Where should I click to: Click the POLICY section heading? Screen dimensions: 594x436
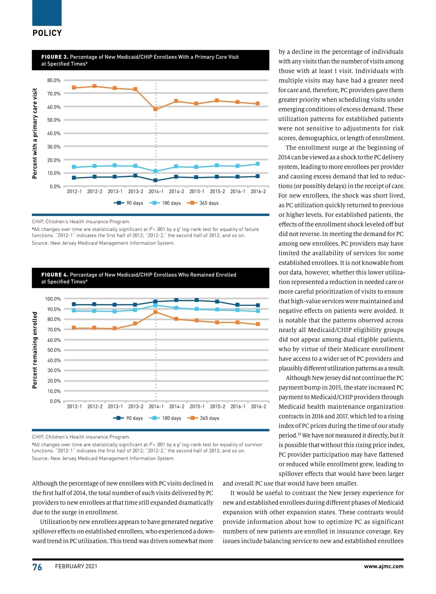pos(47,33)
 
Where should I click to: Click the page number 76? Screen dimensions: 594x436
pos(37,567)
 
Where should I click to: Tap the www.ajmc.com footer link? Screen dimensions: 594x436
pos(383,566)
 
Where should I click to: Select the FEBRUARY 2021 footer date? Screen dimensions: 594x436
pos(76,566)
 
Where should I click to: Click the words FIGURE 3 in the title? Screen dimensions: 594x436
pos(54,57)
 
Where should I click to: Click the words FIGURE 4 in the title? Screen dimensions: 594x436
pos(54,275)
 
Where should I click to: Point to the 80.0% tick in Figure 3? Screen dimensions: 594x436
pos(54,81)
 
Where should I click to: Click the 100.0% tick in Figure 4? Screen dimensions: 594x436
pos(53,299)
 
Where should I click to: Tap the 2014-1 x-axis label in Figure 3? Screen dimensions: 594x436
pos(156,191)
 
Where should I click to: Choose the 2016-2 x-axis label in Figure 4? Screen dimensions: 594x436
pos(258,407)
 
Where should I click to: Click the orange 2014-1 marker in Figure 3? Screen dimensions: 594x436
pos(156,109)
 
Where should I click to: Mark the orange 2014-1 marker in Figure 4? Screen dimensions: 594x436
pos(156,312)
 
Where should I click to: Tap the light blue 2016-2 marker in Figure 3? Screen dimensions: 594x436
pos(258,164)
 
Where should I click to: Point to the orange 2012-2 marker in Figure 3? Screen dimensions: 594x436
pos(94,86)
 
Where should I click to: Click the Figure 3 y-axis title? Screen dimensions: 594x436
pos(35,133)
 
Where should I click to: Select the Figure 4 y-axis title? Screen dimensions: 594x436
pos(35,350)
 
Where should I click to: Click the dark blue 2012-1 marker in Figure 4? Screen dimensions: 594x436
pos(74,304)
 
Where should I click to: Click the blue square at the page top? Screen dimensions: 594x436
pos(47,13)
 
